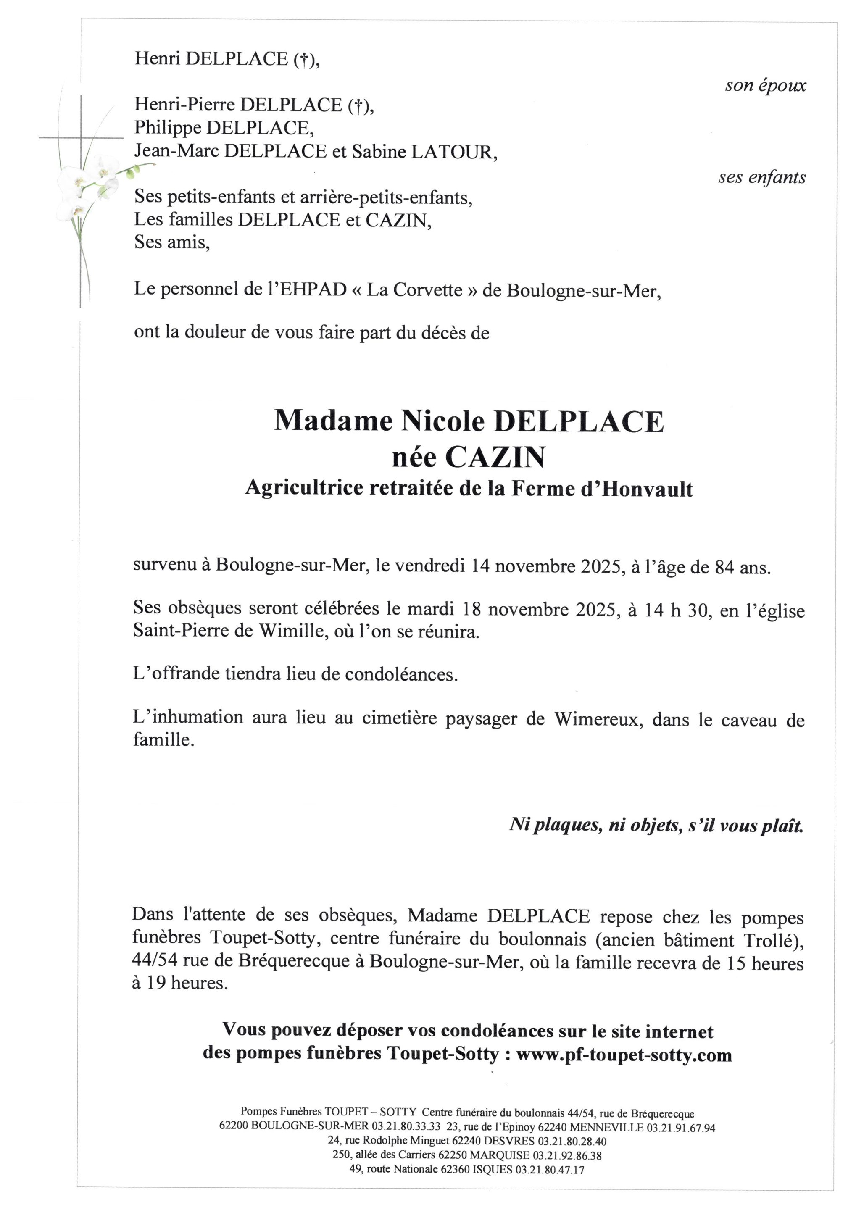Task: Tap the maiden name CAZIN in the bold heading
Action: (495, 458)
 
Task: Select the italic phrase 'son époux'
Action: (765, 85)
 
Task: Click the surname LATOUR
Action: (453, 152)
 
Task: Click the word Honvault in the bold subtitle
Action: (647, 489)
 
